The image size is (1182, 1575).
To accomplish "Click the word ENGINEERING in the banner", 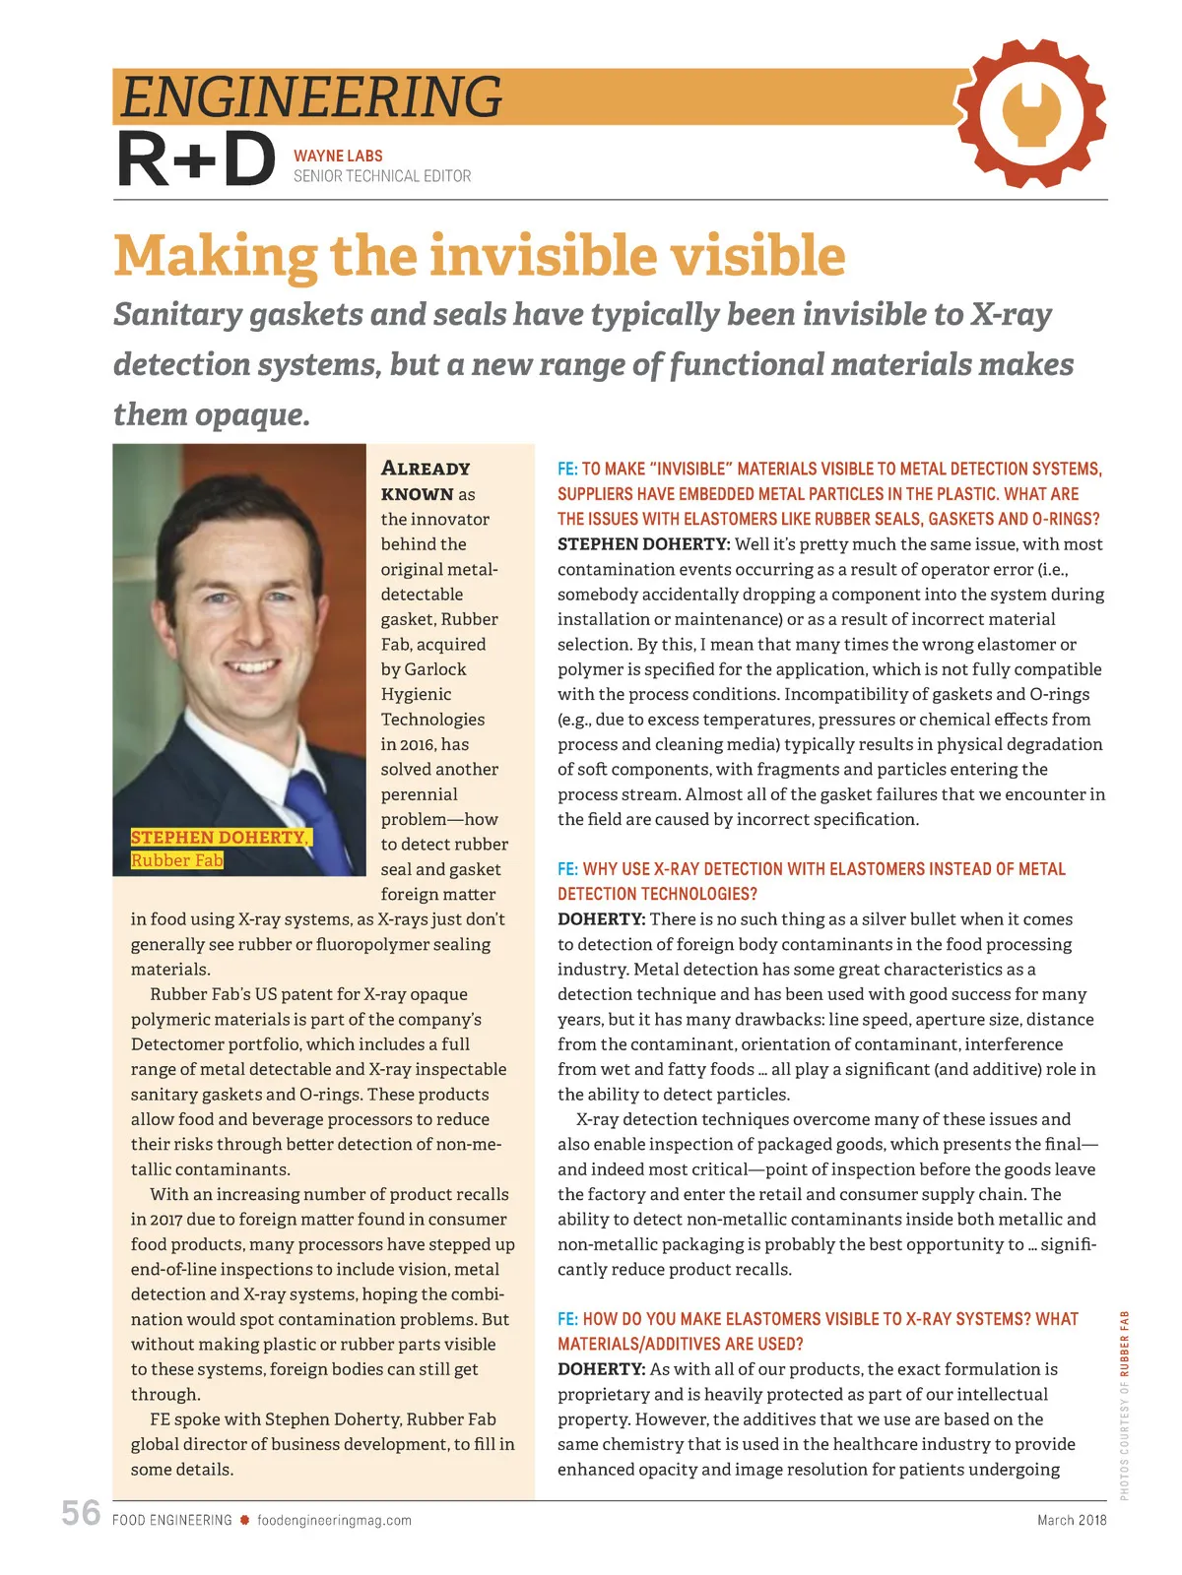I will tap(311, 97).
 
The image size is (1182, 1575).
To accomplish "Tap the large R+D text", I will tap(196, 160).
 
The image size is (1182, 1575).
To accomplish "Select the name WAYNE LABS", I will tap(338, 156).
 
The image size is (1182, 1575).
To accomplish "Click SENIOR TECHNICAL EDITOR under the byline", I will tap(382, 176).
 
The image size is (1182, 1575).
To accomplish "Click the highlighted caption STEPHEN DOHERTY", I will tap(220, 837).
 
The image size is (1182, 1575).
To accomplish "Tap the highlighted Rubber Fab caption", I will tap(177, 860).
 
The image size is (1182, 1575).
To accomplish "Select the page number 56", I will tap(81, 1513).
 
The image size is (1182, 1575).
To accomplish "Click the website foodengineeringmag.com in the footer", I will tap(334, 1520).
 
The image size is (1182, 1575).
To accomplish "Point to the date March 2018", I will tap(1072, 1520).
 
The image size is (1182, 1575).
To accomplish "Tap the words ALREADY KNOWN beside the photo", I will tap(426, 480).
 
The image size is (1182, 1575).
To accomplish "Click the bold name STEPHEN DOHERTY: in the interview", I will tap(643, 544).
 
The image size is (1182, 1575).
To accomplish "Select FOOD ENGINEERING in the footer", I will tap(172, 1520).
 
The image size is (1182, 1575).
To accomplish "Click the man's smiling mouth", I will tap(253, 665).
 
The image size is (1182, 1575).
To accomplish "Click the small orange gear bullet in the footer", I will tap(244, 1520).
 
